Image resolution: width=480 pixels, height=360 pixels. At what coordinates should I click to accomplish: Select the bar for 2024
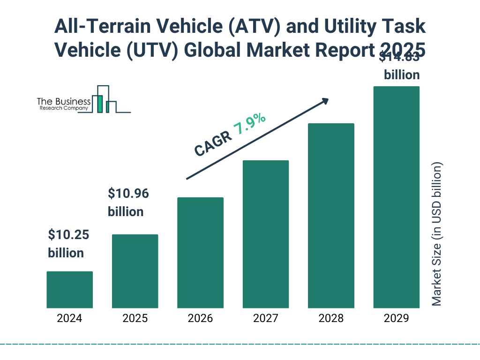[x=69, y=290]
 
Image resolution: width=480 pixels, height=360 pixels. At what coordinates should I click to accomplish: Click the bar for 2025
[x=135, y=271]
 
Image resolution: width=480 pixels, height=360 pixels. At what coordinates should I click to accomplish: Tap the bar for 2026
[x=200, y=253]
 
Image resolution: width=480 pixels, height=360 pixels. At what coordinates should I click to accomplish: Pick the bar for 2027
[x=266, y=234]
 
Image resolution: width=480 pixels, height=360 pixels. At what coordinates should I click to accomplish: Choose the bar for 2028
[x=331, y=216]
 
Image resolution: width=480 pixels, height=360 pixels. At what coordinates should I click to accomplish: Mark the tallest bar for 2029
[x=396, y=197]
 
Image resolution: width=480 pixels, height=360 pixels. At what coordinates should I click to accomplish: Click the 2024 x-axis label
[x=69, y=319]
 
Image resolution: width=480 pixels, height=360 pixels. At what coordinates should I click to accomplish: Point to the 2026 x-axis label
[x=200, y=319]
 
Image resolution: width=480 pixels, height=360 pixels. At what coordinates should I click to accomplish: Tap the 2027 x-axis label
[x=266, y=319]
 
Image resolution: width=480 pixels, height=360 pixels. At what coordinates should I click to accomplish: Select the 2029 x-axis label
[x=396, y=319]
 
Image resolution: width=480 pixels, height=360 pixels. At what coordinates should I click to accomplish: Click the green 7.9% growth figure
[x=250, y=125]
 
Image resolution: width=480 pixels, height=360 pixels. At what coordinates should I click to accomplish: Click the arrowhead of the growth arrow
[x=325, y=101]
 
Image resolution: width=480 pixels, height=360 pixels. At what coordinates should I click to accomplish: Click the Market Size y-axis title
[x=437, y=234]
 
